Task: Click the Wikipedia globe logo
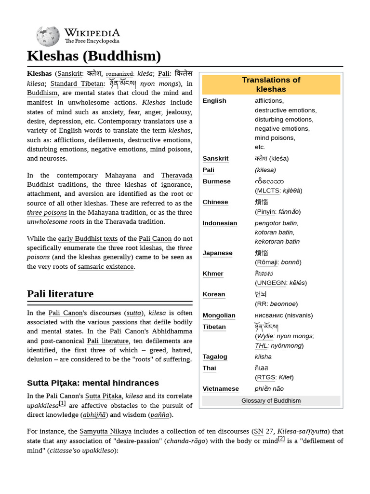click(48, 36)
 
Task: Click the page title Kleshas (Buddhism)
click(94, 56)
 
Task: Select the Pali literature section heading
click(60, 294)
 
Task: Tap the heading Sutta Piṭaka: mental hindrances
click(93, 383)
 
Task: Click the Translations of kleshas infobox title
click(271, 84)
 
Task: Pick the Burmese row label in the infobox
click(216, 181)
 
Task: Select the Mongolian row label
click(219, 316)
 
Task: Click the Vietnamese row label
click(220, 389)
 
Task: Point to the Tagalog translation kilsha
click(263, 357)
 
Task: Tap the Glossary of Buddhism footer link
click(271, 401)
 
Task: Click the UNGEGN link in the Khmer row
click(271, 283)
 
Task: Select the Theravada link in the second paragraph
click(176, 176)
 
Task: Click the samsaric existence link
click(106, 267)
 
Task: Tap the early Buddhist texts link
click(88, 239)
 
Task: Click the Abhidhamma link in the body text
click(172, 331)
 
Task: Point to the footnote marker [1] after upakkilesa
click(62, 403)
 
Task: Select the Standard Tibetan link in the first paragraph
click(77, 84)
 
